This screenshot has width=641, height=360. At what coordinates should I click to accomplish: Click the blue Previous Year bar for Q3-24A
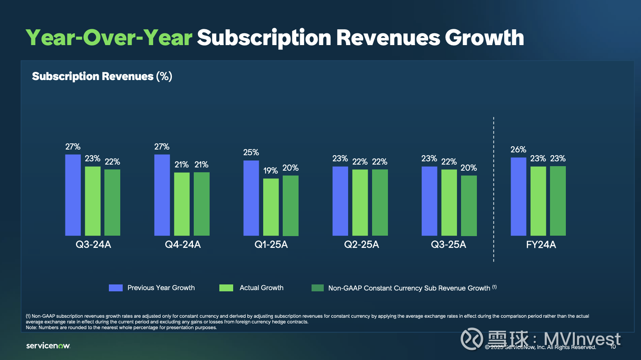[x=73, y=195]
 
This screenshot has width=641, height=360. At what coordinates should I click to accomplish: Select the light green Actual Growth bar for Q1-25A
[x=271, y=207]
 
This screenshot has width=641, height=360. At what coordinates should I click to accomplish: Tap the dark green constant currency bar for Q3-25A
[x=469, y=206]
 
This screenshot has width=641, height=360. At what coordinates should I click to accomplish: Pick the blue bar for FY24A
[x=518, y=197]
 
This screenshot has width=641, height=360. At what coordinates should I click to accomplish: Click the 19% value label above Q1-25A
[x=271, y=171]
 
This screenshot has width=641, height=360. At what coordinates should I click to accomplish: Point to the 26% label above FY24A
[x=518, y=150]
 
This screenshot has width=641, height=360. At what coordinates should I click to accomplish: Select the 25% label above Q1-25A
[x=251, y=152]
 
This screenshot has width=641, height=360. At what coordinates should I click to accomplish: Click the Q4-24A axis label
[x=183, y=245]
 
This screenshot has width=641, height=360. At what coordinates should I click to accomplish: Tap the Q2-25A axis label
[x=362, y=245]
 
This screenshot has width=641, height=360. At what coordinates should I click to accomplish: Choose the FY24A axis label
[x=541, y=245]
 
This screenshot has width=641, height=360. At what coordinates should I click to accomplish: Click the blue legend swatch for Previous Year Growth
[x=116, y=288]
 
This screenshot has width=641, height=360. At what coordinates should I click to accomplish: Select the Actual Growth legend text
[x=262, y=288]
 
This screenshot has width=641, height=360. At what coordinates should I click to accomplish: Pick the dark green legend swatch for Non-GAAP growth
[x=318, y=288]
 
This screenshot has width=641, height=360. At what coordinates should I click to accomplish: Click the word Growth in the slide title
[x=484, y=38]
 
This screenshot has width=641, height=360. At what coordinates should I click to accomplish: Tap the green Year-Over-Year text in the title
[x=109, y=38]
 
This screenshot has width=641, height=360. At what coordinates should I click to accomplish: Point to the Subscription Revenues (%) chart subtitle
[x=102, y=76]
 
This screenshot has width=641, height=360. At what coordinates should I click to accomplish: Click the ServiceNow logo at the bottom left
[x=48, y=346]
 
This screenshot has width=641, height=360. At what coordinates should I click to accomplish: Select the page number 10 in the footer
[x=613, y=347]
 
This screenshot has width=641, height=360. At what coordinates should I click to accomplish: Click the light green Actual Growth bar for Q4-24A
[x=182, y=204]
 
